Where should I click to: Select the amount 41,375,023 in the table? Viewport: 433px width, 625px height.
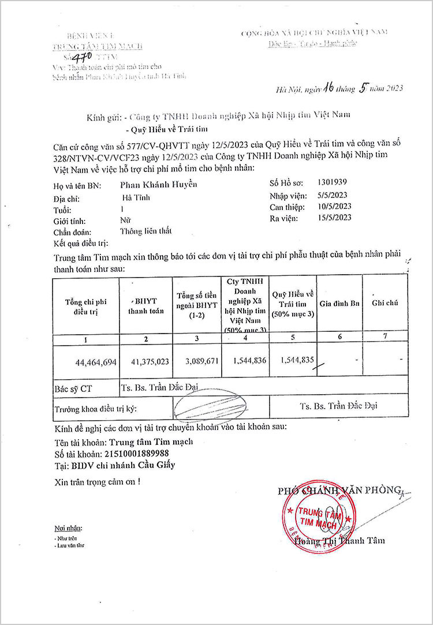pos(148,361)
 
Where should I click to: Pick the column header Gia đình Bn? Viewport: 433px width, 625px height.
pos(339,304)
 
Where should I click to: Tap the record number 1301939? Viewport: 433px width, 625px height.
pos(333,182)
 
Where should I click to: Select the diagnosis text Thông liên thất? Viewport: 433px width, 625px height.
pos(147,232)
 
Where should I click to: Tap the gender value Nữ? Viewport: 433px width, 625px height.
pos(125,220)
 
